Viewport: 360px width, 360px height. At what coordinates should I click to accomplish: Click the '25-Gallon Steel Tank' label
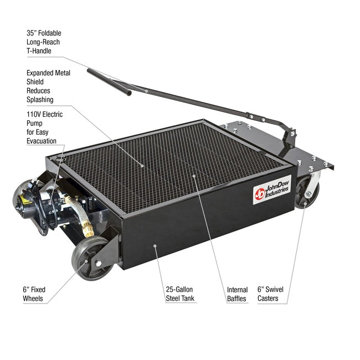[180, 294]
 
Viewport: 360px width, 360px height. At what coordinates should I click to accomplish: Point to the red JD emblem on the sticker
[259, 194]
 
